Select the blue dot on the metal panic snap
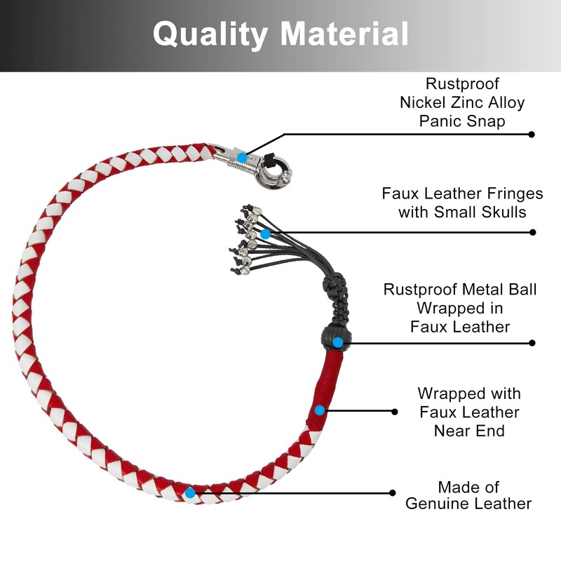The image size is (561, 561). click(x=242, y=158)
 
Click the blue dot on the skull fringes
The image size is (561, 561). click(x=265, y=234)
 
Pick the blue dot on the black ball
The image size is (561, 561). click(x=338, y=342)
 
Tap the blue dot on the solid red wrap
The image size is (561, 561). click(x=319, y=410)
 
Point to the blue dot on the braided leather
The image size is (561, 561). click(x=190, y=492)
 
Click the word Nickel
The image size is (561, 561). click(x=425, y=102)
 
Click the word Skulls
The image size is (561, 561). click(x=502, y=212)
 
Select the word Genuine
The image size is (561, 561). click(x=435, y=503)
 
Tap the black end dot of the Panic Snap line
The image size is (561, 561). click(x=532, y=134)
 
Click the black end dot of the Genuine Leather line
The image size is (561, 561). click(x=393, y=492)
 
